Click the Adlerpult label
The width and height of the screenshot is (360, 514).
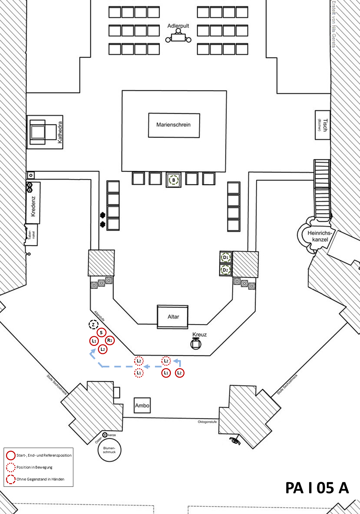tap(178, 26)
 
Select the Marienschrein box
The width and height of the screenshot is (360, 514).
tap(174, 125)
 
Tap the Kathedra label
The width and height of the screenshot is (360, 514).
tap(60, 132)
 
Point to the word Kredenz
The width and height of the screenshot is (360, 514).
tap(33, 206)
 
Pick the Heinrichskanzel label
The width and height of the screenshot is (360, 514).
tap(320, 236)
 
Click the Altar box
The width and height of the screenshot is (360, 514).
tap(173, 317)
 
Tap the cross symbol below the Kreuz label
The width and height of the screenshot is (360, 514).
tap(196, 344)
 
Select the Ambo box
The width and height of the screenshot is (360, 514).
tap(142, 405)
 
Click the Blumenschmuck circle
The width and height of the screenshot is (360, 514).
tap(109, 450)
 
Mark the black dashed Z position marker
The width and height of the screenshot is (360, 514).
tap(94, 325)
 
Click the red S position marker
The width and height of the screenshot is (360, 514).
tap(101, 332)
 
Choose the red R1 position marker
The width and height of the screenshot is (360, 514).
tap(110, 340)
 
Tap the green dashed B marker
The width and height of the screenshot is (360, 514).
tap(174, 180)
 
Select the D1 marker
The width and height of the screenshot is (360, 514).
tap(226, 257)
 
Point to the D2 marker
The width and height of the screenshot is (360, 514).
tap(226, 270)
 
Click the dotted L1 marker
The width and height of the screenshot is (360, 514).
tap(139, 373)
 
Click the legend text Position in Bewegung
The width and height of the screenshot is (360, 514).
tap(35, 467)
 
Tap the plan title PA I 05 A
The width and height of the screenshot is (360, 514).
tap(317, 488)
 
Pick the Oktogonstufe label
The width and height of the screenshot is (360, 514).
tap(207, 422)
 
